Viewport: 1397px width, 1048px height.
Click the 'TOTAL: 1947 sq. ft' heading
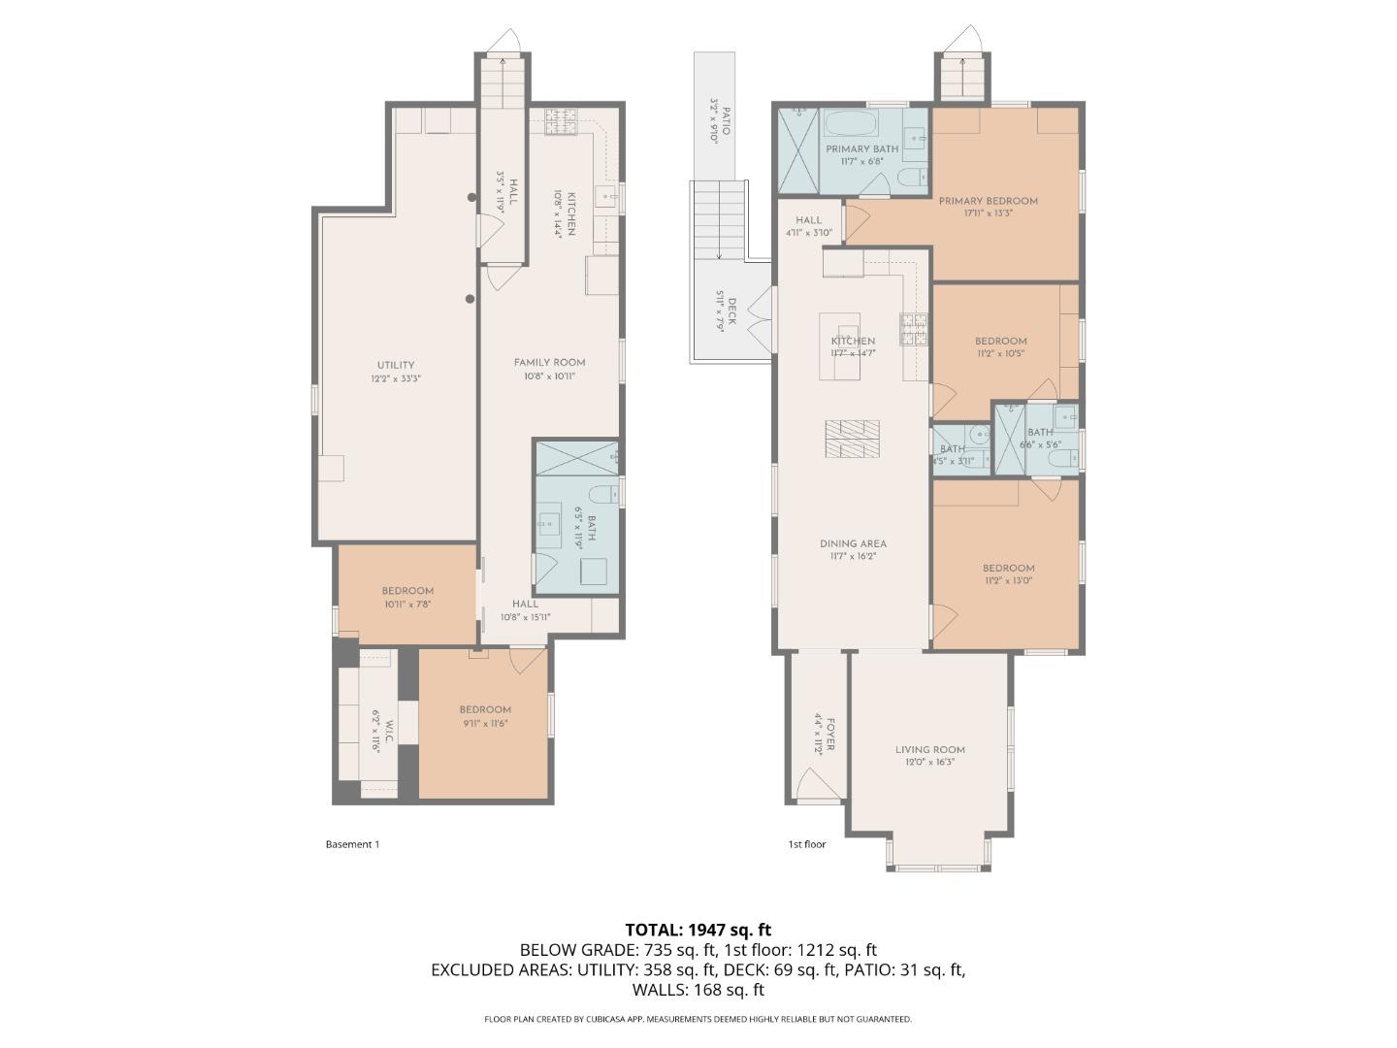point(698,930)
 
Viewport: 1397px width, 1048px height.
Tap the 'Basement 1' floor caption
point(352,844)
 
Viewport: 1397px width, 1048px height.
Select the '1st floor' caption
point(806,844)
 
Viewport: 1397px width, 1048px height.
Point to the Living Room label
point(929,749)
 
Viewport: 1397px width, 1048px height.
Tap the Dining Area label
point(853,543)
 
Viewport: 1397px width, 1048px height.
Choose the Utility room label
point(396,365)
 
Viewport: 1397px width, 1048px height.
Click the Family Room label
point(549,362)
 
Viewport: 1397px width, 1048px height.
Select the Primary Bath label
point(861,148)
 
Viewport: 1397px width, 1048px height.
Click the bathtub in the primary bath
point(850,125)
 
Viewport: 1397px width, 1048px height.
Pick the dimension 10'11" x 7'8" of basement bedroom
point(406,604)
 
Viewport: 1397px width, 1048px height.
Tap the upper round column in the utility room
point(472,198)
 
